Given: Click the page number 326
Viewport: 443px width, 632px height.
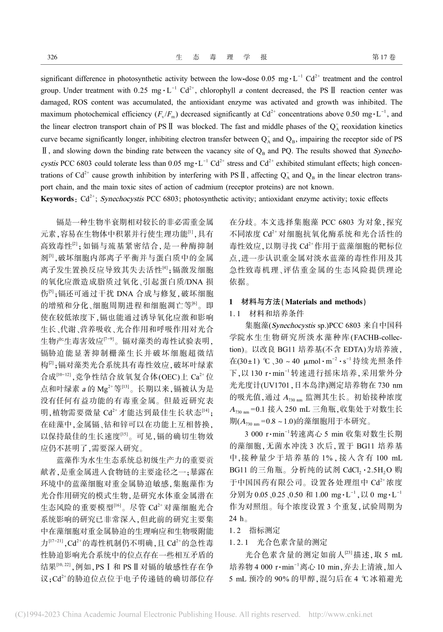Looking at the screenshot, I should [x=52, y=57].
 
